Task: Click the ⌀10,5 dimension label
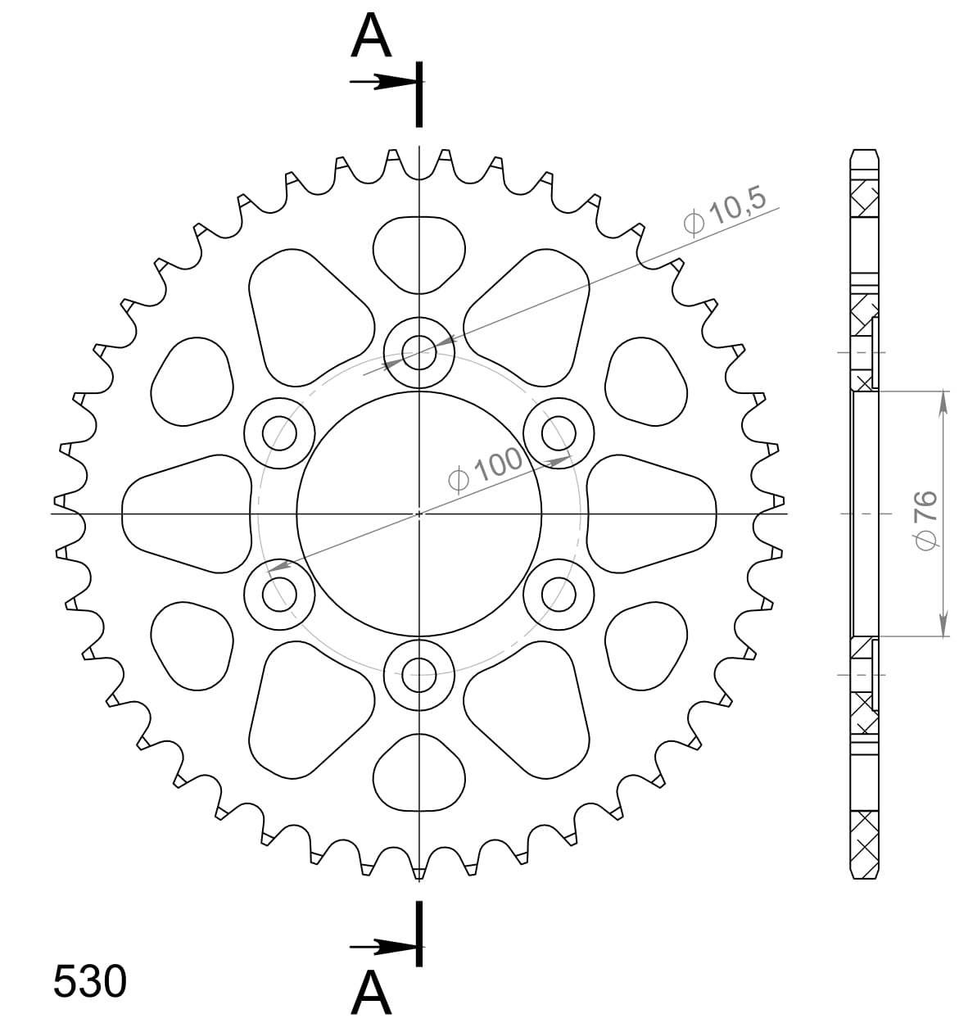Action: coord(724,210)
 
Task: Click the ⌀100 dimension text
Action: coord(486,469)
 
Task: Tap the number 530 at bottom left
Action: coord(90,981)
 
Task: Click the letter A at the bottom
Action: coord(371,993)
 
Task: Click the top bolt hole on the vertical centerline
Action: coord(419,354)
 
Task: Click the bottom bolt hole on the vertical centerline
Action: coord(419,677)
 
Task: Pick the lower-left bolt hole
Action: coord(280,595)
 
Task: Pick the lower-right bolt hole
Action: coord(559,595)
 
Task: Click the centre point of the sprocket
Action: coord(419,514)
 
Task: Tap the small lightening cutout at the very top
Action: coord(419,253)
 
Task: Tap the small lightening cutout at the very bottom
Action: coord(419,774)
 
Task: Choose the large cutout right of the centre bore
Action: coord(652,514)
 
